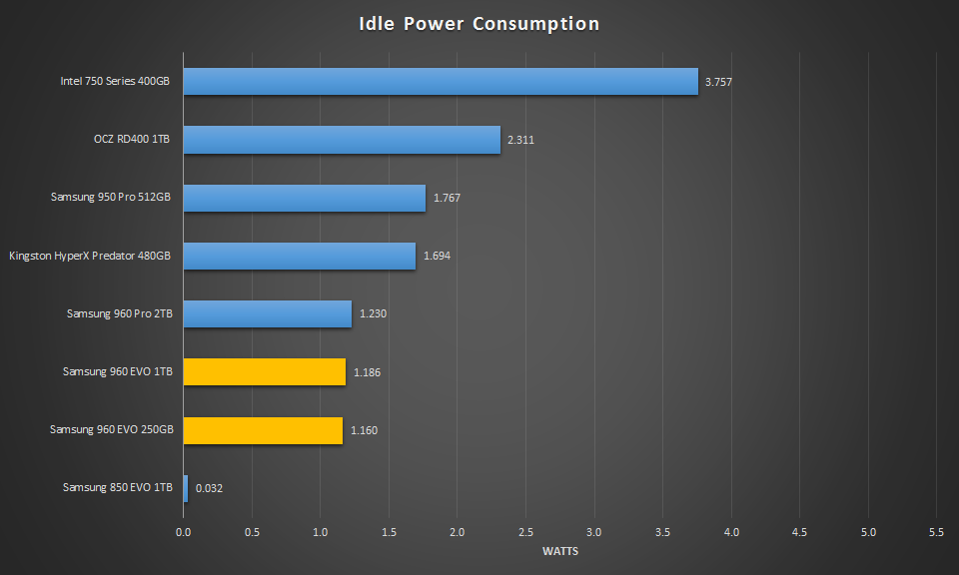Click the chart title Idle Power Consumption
tap(479, 24)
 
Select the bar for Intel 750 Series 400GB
tap(440, 82)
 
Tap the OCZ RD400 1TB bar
tap(341, 140)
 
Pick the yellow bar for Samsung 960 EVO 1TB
tap(264, 372)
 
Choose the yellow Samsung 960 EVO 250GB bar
tap(263, 430)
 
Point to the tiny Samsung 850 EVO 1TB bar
tap(185, 488)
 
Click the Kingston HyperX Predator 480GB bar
tap(299, 257)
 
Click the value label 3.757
tap(718, 82)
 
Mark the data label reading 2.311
tap(520, 140)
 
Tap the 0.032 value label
tap(209, 488)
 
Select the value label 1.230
tap(373, 314)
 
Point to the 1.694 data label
tap(437, 257)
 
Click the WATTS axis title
tap(559, 551)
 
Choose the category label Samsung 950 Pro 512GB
tap(111, 198)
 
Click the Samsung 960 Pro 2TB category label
tap(119, 314)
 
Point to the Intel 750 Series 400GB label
tap(115, 82)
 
